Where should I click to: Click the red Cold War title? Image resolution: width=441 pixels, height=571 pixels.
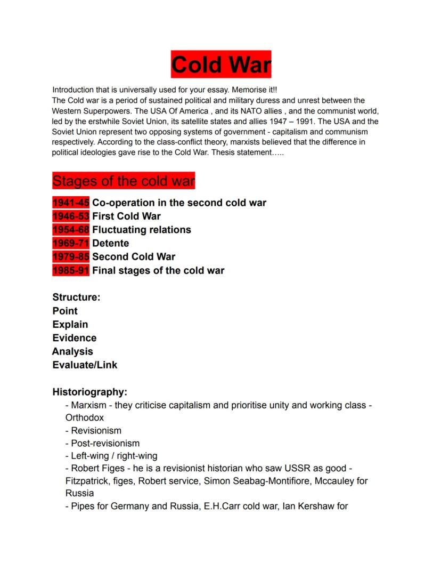click(x=220, y=65)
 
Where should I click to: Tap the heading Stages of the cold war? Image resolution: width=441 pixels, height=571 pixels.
click(x=124, y=181)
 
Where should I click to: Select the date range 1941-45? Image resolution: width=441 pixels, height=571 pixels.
click(x=71, y=203)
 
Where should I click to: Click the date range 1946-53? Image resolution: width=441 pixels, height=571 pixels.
click(x=71, y=216)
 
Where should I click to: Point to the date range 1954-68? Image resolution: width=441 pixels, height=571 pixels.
click(x=71, y=230)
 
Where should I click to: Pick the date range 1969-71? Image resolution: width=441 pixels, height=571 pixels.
click(x=71, y=243)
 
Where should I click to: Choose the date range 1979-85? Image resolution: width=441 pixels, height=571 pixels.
click(x=71, y=256)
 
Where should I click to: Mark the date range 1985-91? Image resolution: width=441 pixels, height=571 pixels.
click(x=71, y=270)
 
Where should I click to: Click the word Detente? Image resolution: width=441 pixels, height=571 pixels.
click(x=110, y=243)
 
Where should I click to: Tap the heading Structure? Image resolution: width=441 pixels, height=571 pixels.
click(x=76, y=297)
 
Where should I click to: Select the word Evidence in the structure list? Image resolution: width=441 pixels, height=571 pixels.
click(x=75, y=338)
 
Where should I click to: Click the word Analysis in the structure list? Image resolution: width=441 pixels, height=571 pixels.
click(x=72, y=351)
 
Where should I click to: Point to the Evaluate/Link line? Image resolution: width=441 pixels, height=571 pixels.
click(x=85, y=365)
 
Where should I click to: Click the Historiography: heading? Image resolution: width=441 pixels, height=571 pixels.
click(x=89, y=392)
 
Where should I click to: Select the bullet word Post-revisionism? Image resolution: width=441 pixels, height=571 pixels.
click(x=105, y=443)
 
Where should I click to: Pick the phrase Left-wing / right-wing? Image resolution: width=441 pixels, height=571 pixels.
click(x=114, y=456)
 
